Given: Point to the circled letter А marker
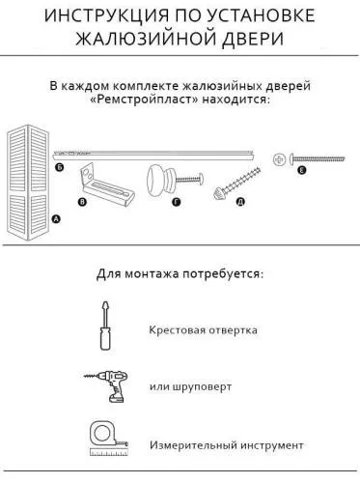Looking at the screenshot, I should point(54,220).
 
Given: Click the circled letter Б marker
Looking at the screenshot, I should point(59,167).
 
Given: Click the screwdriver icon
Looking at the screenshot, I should point(101,328).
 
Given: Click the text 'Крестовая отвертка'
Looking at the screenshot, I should point(203,330).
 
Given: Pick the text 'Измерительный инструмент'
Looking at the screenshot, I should point(226,445).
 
